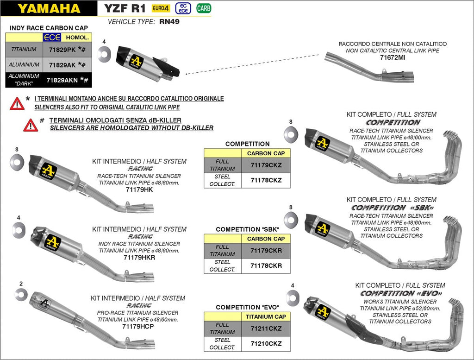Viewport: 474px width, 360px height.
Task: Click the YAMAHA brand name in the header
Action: pyautogui.click(x=49, y=8)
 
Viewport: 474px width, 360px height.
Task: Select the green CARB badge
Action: pyautogui.click(x=202, y=8)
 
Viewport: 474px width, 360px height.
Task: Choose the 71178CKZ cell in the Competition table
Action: pyautogui.click(x=266, y=180)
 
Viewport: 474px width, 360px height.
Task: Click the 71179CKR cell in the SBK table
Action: pyautogui.click(x=266, y=250)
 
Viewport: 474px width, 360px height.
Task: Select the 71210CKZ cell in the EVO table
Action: pyautogui.click(x=266, y=344)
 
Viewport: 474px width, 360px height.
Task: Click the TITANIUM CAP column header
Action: pyautogui.click(x=266, y=316)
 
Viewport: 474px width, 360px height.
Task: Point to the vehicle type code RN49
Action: pyautogui.click(x=169, y=22)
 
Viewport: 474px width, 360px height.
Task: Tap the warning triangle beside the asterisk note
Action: pyautogui.click(x=17, y=103)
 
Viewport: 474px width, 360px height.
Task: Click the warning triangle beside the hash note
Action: pyautogui.click(x=31, y=125)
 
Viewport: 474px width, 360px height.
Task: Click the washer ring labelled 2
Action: pyautogui.click(x=21, y=293)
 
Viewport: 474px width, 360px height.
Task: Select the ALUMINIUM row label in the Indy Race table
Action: pyautogui.click(x=24, y=64)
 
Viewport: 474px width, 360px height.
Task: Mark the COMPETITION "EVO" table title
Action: pyautogui.click(x=248, y=307)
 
